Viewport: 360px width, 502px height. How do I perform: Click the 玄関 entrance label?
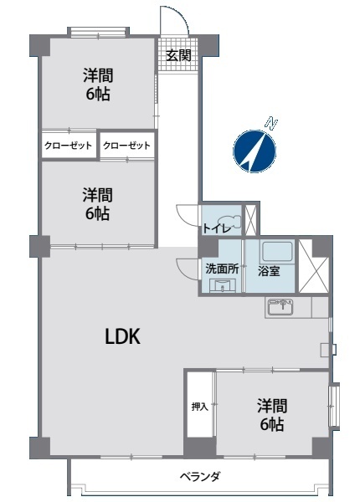(178, 55)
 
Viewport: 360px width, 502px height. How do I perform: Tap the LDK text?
(123, 337)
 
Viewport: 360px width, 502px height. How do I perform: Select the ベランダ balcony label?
(199, 476)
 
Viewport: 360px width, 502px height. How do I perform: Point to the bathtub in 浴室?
(277, 252)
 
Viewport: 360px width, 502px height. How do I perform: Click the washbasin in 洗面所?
(222, 285)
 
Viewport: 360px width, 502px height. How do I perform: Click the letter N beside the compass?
(272, 123)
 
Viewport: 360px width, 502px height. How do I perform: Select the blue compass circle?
(255, 151)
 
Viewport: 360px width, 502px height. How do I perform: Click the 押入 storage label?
(199, 407)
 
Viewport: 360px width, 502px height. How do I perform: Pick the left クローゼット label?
(68, 146)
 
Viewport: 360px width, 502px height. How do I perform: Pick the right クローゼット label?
(126, 146)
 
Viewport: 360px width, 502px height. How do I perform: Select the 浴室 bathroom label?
(269, 271)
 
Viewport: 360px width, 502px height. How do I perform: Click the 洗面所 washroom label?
(222, 269)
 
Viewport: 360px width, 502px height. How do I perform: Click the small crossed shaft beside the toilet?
(250, 219)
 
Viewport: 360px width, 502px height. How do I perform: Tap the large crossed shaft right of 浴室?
(314, 266)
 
